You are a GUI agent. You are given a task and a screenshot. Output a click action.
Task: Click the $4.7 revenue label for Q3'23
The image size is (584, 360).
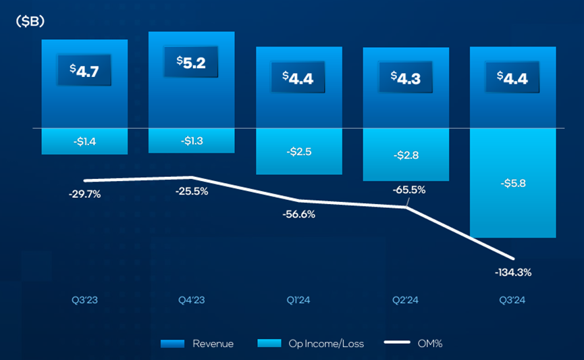[x=84, y=71]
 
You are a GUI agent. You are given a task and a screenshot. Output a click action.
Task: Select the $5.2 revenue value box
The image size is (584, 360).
[x=191, y=64]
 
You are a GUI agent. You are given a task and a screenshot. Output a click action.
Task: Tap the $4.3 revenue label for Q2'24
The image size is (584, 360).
[x=406, y=77]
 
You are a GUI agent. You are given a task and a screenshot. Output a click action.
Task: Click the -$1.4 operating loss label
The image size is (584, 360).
[x=84, y=141]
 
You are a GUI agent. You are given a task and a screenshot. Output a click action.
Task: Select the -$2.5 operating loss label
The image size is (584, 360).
[x=298, y=151]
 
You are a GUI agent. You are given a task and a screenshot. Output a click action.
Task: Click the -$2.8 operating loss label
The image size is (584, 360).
[x=406, y=155]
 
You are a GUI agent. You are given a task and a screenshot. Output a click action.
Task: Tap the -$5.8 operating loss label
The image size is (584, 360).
[x=513, y=183]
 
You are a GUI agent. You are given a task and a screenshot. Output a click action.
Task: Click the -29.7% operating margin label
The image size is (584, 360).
[x=84, y=194]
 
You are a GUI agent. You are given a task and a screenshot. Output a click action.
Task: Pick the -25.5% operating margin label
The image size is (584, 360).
[x=191, y=190]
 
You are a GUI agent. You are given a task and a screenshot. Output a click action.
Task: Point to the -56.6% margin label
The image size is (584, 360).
[x=298, y=214]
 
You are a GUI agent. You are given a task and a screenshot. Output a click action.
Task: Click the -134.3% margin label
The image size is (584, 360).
[x=513, y=272]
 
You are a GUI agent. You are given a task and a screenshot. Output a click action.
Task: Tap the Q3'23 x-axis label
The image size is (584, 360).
[x=84, y=301]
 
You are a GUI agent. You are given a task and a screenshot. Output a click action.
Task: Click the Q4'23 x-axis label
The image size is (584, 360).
[x=191, y=301]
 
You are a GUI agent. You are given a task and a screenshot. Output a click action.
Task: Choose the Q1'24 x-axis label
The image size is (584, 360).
[x=298, y=301]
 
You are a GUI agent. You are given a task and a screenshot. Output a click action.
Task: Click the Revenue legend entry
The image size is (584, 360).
[x=198, y=344]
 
